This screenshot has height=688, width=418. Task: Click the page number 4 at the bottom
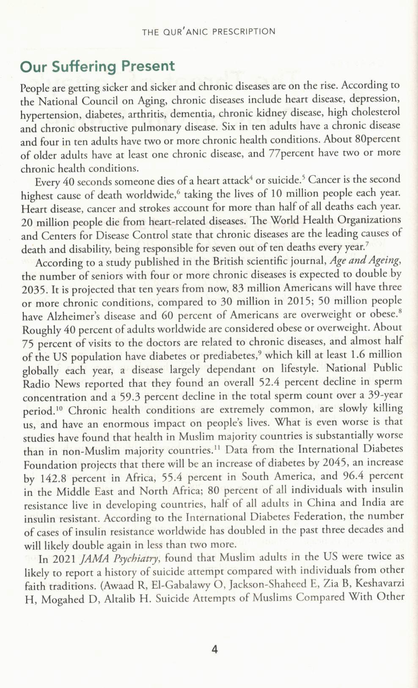coord(214,649)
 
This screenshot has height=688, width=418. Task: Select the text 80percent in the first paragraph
coord(377,139)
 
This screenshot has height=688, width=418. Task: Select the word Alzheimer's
coord(70,316)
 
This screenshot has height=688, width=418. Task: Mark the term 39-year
coord(384,395)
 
